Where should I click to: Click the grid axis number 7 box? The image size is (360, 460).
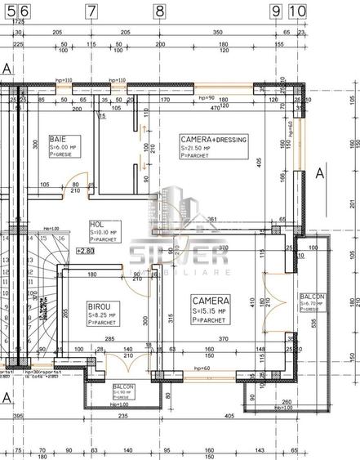tap(91, 11)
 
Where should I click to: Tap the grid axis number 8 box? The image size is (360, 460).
tap(158, 11)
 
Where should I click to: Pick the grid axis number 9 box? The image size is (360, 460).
tap(276, 11)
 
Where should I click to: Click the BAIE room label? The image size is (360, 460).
tap(58, 140)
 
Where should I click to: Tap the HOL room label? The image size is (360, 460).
tap(96, 223)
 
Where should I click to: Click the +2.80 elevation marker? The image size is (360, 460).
tap(86, 251)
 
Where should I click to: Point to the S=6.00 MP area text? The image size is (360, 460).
tap(64, 148)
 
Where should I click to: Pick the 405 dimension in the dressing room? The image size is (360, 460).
tap(257, 163)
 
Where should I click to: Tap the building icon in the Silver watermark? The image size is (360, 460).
tap(180, 211)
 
